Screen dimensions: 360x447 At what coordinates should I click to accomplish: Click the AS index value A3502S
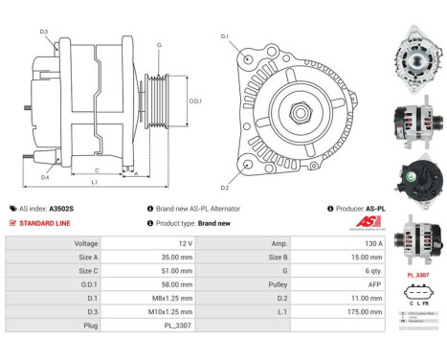point(62,208)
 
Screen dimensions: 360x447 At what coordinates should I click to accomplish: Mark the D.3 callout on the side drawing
point(44,33)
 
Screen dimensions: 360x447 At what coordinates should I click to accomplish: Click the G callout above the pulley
point(159,45)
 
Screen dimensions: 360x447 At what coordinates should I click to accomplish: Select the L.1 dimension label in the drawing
point(93,182)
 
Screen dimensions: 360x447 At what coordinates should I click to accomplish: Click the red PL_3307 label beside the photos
point(417,274)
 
